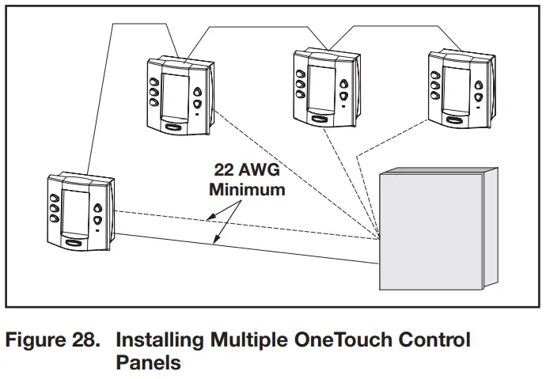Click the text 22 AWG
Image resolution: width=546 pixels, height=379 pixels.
click(246, 170)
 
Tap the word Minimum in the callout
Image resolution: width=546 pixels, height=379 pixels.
click(246, 190)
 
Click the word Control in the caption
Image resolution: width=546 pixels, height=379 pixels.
click(434, 341)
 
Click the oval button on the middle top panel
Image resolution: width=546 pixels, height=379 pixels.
click(320, 118)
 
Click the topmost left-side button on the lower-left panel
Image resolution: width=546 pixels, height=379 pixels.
click(55, 198)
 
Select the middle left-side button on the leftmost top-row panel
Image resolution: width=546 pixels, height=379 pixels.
click(154, 91)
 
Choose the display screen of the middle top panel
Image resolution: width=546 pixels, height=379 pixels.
click(320, 87)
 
